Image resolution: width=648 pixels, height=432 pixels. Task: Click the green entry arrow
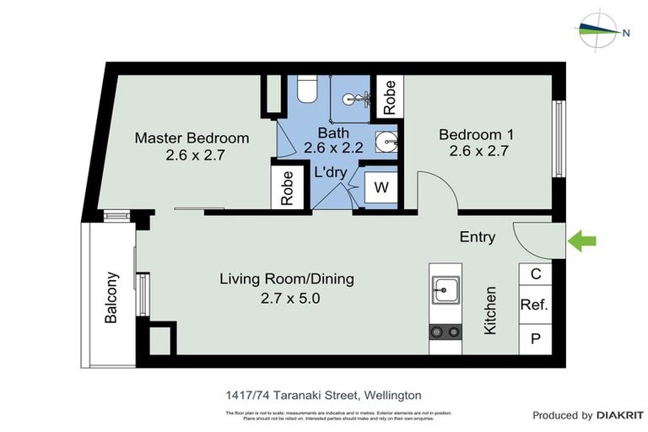[x=582, y=241]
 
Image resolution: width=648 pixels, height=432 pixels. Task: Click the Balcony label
[x=111, y=296]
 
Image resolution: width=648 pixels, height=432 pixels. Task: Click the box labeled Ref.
[x=534, y=305]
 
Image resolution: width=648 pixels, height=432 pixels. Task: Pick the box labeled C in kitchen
[x=534, y=274]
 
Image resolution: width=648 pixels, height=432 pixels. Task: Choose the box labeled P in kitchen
[x=534, y=339]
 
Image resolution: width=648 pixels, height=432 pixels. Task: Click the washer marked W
[x=381, y=187]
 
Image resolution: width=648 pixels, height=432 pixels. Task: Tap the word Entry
[x=477, y=237]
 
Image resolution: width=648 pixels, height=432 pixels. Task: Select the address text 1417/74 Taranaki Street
[x=324, y=394]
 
